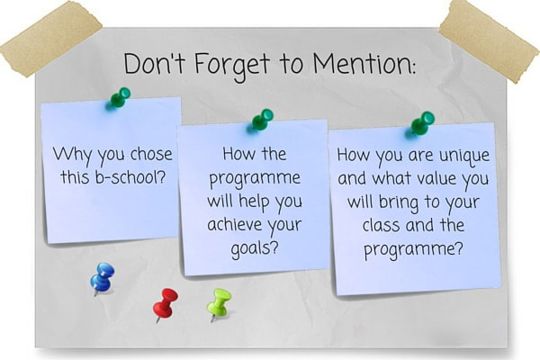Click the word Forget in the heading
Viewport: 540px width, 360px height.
232,67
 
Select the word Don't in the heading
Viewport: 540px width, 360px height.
154,63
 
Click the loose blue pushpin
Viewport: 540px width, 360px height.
103,278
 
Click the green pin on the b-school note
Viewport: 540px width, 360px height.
120,97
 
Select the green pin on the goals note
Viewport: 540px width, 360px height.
263,120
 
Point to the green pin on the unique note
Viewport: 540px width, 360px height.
422,122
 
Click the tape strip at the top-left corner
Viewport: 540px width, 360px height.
51,39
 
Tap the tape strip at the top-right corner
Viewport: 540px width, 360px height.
490,40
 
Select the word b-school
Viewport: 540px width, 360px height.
130,177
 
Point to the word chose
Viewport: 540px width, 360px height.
151,154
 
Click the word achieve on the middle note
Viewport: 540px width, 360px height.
235,224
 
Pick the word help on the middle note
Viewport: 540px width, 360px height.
254,202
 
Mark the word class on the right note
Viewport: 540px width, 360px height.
382,225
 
